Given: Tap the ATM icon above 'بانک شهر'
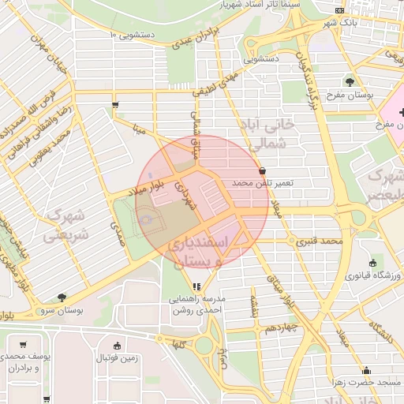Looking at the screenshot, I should point(339,10).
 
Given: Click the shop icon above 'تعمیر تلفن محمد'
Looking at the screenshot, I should point(262,170).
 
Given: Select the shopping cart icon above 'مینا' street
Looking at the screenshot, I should point(116,104).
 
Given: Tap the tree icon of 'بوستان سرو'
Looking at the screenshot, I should point(62,297).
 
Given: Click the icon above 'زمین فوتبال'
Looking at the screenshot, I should point(118,346).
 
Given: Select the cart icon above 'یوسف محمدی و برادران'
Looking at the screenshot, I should point(23,345).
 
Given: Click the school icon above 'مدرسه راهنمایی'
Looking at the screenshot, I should point(196,286).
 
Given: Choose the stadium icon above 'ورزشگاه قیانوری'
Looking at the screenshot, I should point(372,263).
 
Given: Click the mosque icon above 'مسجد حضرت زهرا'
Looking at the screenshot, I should point(366,370).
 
